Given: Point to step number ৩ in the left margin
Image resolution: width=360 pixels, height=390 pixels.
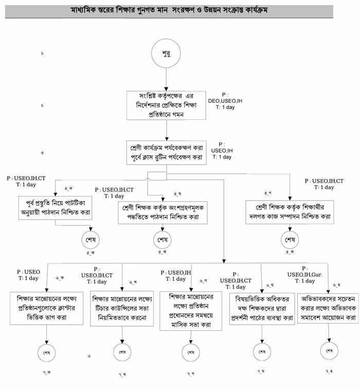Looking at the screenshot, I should pyautogui.click(x=42, y=153).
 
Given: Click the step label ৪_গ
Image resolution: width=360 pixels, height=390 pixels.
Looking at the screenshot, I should pyautogui.click(x=267, y=192).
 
